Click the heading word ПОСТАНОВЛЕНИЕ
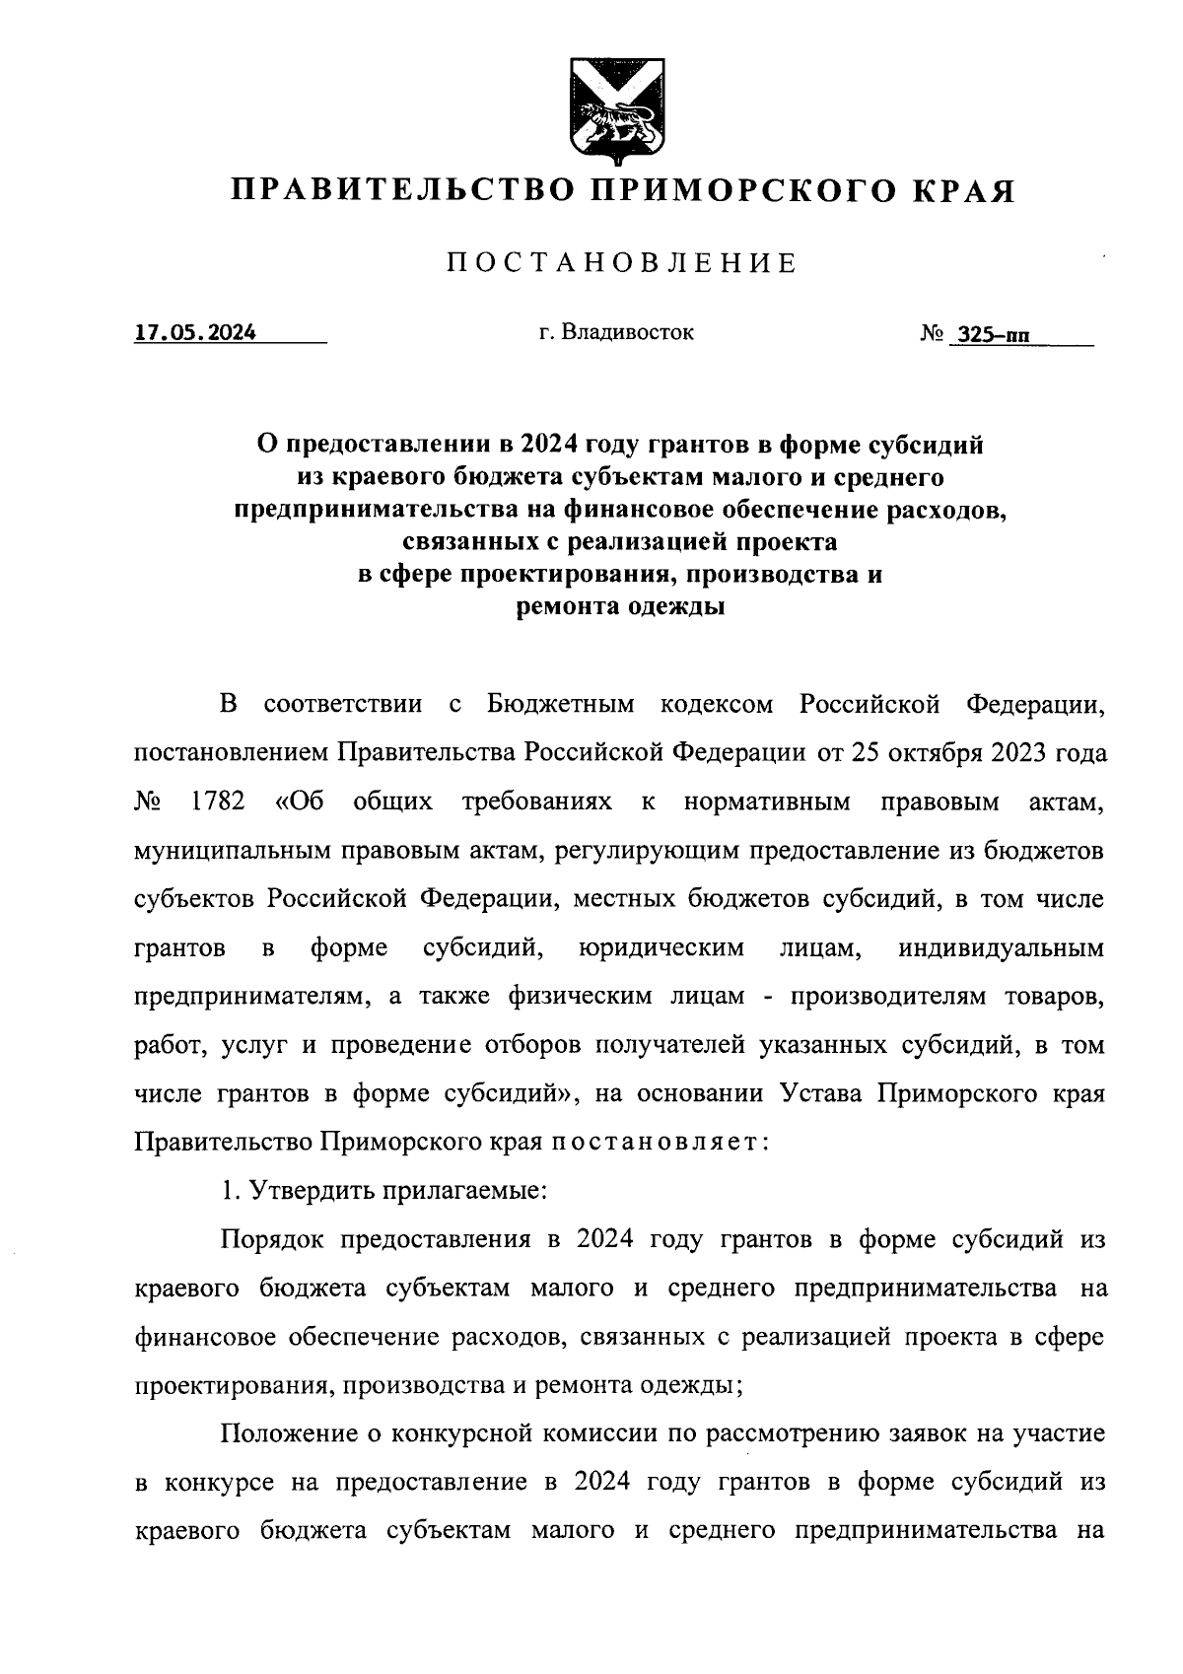click(622, 263)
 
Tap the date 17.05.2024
click(195, 332)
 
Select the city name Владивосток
click(629, 332)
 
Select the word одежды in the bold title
click(677, 606)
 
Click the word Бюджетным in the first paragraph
click(561, 705)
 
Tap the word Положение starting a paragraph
click(284, 1431)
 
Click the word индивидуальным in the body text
click(1002, 948)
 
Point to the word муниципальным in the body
click(231, 850)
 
